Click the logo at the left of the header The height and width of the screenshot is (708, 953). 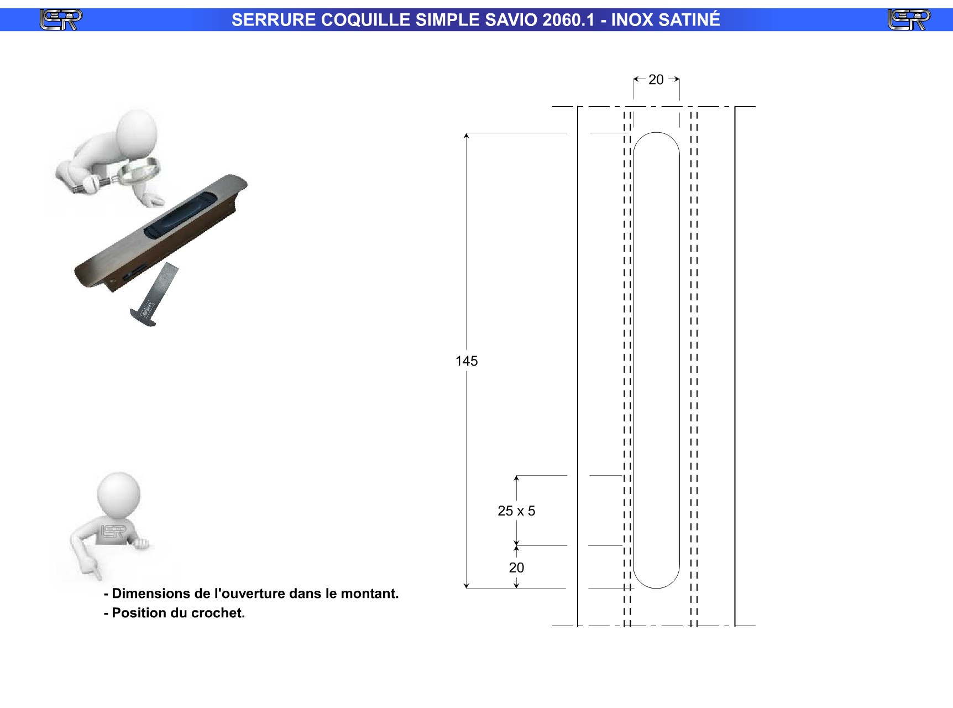pyautogui.click(x=61, y=20)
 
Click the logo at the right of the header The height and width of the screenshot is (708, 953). pyautogui.click(x=909, y=20)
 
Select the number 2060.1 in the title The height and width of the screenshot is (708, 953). pyautogui.click(x=568, y=20)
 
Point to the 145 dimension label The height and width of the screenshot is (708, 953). pyautogui.click(x=467, y=361)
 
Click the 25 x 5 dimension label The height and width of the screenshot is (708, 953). pyautogui.click(x=516, y=511)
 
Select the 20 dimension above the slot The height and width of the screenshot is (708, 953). pyautogui.click(x=656, y=80)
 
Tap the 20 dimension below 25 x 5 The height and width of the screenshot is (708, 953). pyautogui.click(x=516, y=568)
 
